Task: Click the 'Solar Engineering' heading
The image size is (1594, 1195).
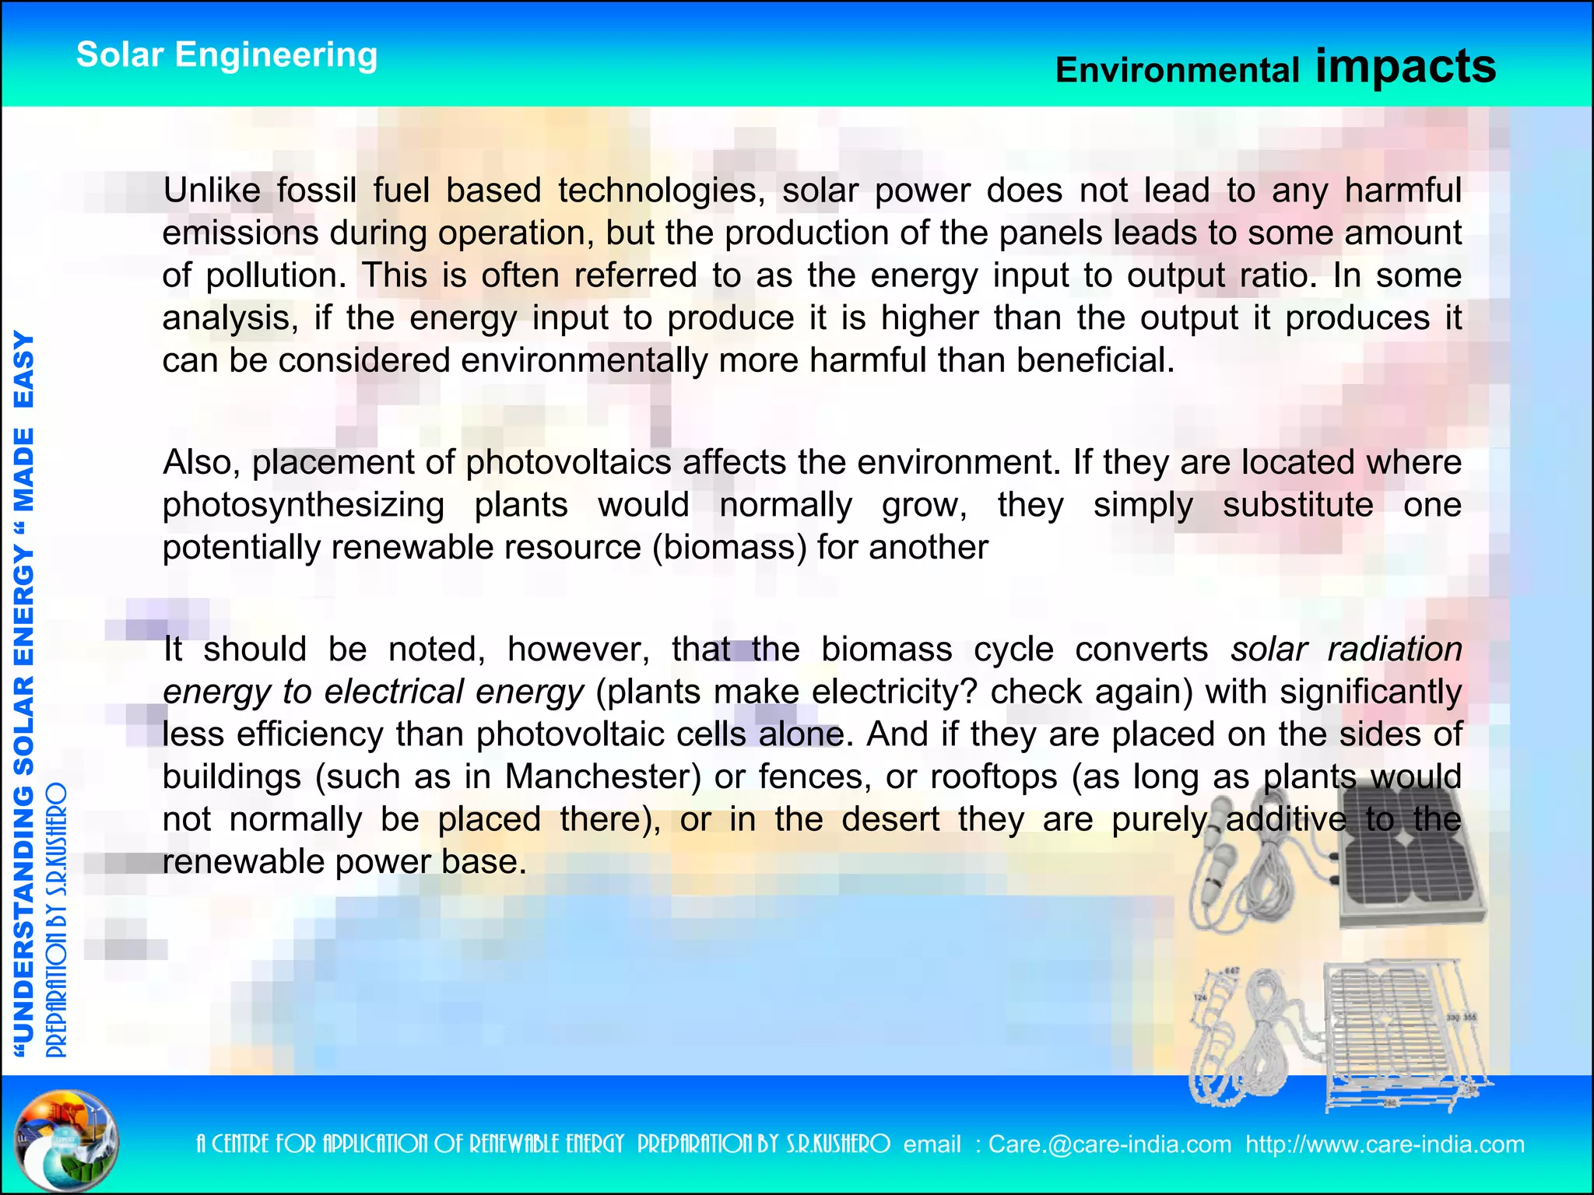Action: (x=226, y=55)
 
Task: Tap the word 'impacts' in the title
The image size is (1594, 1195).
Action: (x=1406, y=66)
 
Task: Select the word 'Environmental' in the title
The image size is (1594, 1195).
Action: (x=1177, y=71)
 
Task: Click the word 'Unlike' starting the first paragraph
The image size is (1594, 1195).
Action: (x=211, y=191)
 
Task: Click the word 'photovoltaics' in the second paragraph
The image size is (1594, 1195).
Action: (x=568, y=463)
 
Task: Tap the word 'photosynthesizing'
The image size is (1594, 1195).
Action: (x=303, y=506)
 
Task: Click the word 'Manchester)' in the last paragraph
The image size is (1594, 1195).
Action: (x=603, y=777)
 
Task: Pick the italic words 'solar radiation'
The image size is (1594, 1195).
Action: (x=1346, y=650)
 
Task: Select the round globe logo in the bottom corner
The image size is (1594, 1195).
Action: (x=68, y=1140)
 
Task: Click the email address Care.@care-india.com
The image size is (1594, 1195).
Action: (x=1110, y=1144)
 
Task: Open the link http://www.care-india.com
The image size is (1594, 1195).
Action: (x=1385, y=1144)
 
